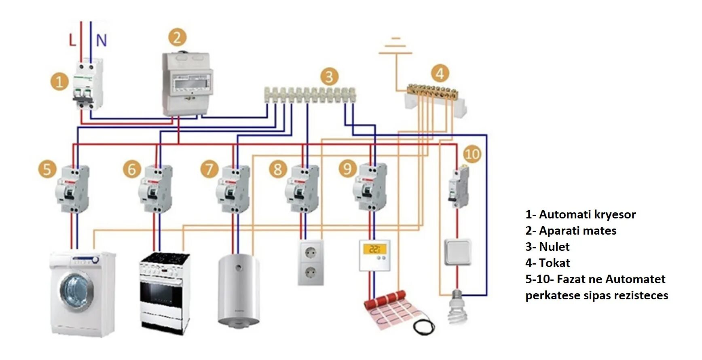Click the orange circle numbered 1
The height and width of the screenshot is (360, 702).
point(59,82)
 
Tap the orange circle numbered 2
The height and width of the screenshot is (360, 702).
point(177,37)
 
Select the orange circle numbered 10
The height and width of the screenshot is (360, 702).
point(472,154)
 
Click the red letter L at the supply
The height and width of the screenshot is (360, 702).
point(72,40)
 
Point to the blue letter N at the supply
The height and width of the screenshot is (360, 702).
point(101,40)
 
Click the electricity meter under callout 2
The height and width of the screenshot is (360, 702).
point(188,84)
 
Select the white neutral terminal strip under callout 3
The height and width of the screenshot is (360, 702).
point(310,95)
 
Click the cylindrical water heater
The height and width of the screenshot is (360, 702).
point(239,289)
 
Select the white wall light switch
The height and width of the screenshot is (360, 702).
point(457,252)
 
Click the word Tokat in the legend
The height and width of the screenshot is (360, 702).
point(554,263)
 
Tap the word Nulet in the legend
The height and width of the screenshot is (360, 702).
point(554,247)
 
